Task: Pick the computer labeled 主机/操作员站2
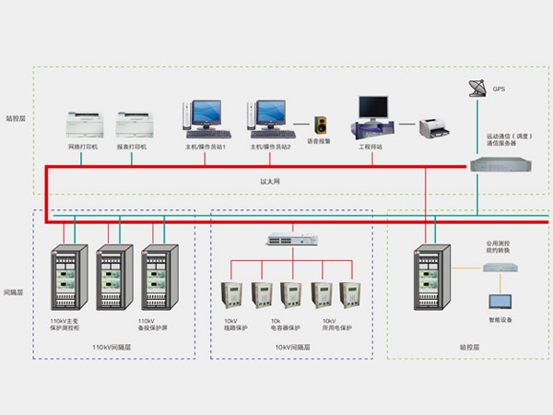271,115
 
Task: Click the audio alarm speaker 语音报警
322,125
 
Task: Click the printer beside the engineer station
432,127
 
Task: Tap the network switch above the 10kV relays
291,239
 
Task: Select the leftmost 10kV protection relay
231,293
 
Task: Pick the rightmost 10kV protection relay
349,293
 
